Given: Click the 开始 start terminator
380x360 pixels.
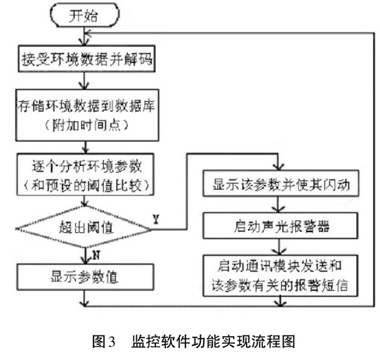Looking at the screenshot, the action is [x=84, y=15].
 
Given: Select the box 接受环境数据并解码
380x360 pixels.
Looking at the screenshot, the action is [x=86, y=58].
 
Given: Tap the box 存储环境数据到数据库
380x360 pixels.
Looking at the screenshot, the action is [x=87, y=115].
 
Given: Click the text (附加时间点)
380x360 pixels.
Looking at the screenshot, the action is [x=86, y=126].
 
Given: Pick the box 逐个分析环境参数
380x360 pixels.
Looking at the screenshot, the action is [x=85, y=174].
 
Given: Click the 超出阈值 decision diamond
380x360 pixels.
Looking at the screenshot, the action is [x=84, y=227].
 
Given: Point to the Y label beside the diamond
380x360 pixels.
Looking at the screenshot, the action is [x=157, y=219].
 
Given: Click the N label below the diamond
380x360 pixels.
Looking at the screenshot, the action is [x=96, y=255].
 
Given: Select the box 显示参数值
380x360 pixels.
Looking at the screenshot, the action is [x=85, y=277].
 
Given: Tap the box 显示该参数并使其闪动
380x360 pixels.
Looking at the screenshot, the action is [x=281, y=184].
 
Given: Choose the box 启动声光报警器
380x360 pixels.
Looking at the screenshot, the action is [x=280, y=226].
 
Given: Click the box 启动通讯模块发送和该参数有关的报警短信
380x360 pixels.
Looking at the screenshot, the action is [x=280, y=276].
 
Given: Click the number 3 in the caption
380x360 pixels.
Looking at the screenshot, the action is [x=111, y=342].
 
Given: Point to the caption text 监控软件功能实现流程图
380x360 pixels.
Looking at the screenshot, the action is [x=214, y=342].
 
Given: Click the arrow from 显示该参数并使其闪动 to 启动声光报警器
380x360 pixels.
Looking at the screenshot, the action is [x=279, y=205].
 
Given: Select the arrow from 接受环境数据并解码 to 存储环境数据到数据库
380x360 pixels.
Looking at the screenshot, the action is [x=84, y=81].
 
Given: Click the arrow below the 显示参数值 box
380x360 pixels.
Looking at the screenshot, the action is [x=84, y=298].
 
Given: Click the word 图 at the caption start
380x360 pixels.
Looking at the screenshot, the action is [x=98, y=342].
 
